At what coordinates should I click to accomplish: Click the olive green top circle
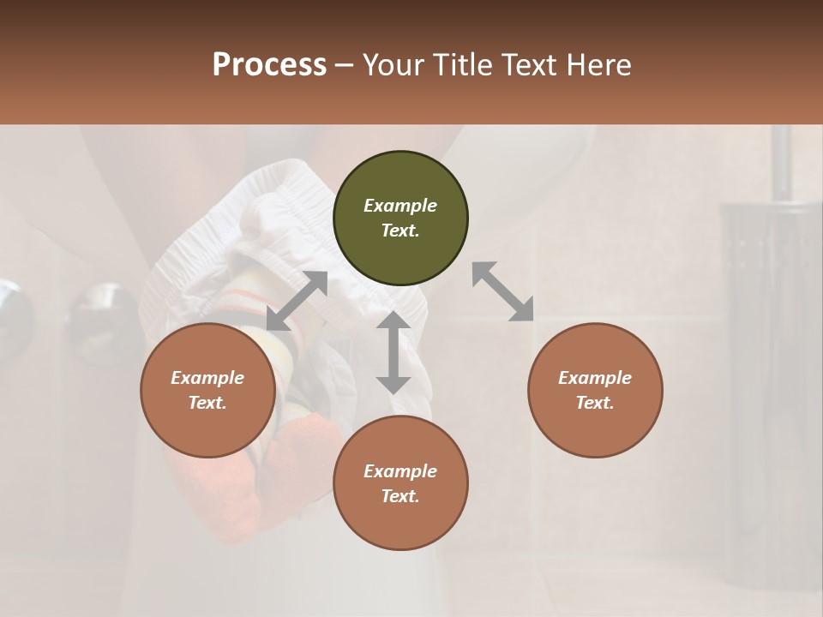click(400, 219)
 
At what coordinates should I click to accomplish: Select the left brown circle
click(207, 391)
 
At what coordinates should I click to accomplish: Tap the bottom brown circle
click(400, 483)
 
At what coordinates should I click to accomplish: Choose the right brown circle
click(594, 391)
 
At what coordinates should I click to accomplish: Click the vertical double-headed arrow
click(393, 352)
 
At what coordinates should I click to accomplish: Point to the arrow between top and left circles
click(297, 301)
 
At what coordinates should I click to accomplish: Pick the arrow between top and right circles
click(503, 291)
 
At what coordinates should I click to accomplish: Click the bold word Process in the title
click(269, 65)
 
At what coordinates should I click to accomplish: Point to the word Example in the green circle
click(400, 206)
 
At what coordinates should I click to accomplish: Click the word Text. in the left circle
click(207, 403)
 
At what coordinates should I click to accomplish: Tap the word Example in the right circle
click(594, 378)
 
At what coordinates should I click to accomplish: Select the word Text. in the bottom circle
click(400, 496)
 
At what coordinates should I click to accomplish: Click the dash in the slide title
click(345, 65)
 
